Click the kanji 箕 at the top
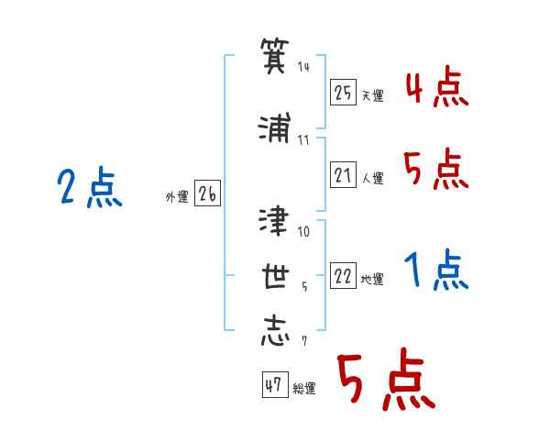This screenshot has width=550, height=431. point(275,56)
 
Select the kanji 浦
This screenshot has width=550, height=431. point(275,127)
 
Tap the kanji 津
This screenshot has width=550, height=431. point(274,220)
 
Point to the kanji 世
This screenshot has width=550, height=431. point(275,276)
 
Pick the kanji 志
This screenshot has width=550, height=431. point(275,331)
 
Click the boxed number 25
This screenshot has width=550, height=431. point(343,93)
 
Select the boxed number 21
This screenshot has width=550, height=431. point(343,175)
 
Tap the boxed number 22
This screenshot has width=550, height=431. point(343,276)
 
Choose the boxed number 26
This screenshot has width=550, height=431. point(207,193)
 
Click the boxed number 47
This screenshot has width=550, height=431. point(275,384)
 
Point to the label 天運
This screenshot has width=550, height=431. point(372,95)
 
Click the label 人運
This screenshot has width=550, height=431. point(372,178)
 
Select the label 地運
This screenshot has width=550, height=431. point(372,280)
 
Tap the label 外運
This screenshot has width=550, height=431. point(177,197)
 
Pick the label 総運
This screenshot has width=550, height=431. point(304,389)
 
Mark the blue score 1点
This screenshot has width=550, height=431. point(436,270)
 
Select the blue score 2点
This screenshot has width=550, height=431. point(90,187)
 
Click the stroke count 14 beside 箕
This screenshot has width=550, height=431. point(303,67)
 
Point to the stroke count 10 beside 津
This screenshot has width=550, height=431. point(303,232)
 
